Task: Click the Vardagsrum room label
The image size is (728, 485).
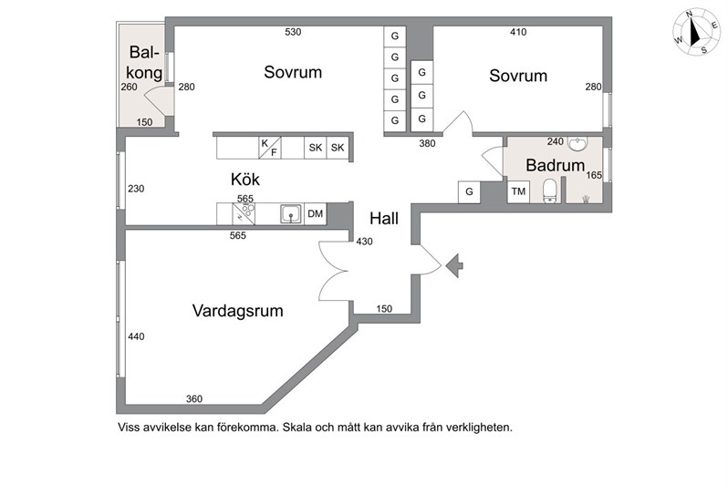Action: point(238,311)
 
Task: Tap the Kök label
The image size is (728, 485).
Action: point(245,180)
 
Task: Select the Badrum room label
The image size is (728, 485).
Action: point(555,165)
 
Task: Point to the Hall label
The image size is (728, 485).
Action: point(384,218)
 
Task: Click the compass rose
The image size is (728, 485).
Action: point(697,33)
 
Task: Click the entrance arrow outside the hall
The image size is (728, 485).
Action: point(454,265)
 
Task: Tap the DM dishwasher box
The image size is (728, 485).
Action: point(316,214)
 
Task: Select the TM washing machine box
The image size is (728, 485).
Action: point(518,191)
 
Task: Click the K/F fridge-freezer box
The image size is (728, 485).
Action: point(270,148)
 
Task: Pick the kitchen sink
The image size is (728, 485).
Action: point(291,214)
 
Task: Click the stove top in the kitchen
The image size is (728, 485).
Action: point(244,214)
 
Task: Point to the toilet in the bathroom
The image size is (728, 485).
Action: point(550,191)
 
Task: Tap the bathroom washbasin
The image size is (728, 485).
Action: point(577,143)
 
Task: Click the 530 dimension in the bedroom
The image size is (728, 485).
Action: point(293,32)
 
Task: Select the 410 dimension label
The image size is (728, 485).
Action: point(518,32)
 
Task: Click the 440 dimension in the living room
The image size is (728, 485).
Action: point(136,336)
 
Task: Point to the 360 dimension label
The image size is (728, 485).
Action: point(194,398)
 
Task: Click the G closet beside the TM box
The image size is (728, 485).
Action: point(470,191)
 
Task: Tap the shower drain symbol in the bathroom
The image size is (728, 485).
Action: point(586,200)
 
